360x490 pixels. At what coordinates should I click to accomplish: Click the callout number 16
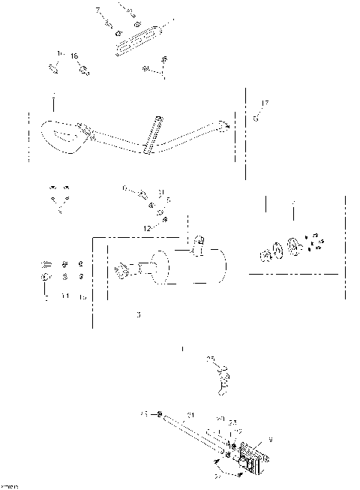point(74,56)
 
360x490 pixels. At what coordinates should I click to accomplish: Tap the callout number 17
point(264,103)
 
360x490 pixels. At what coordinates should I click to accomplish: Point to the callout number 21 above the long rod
point(190,415)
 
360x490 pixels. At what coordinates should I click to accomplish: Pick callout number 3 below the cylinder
point(138,315)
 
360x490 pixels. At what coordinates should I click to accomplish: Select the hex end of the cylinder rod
point(119,269)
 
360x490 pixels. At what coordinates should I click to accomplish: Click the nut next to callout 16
point(84,71)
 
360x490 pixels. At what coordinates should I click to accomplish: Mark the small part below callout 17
point(256,117)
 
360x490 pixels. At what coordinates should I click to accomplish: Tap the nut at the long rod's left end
point(159,414)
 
